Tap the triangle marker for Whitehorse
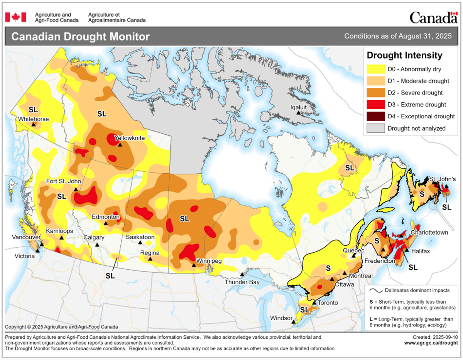tap(34, 125)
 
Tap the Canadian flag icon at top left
tap(15, 17)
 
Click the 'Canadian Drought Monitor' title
tap(80, 37)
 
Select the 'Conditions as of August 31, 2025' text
tap(398, 37)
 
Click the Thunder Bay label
tap(242, 282)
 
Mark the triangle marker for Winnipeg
tap(193, 265)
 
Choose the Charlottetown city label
tap(429, 233)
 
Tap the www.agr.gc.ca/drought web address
tap(430, 342)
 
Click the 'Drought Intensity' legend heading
tap(404, 55)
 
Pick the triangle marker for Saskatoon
tap(140, 243)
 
